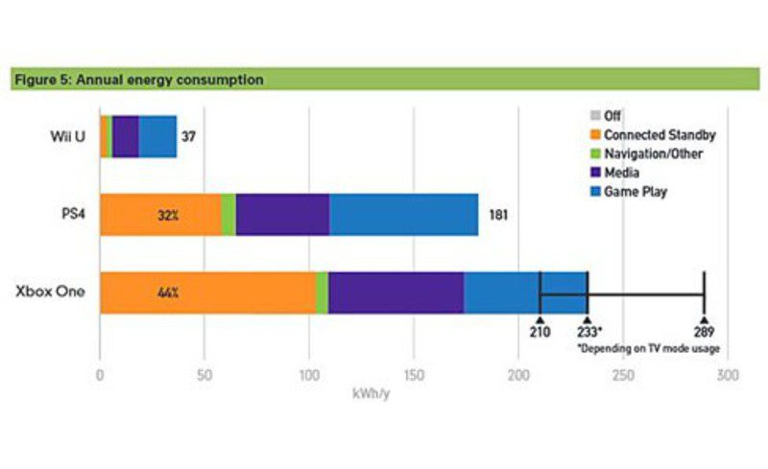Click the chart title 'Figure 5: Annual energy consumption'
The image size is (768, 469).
pos(139,80)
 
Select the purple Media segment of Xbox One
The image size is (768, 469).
pos(396,292)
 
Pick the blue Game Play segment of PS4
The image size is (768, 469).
pos(403,215)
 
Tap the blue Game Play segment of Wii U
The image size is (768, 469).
pos(157,136)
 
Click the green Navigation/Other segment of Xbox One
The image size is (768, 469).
pos(323,292)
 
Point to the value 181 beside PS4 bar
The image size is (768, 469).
pos(497,215)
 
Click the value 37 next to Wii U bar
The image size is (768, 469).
pos(189,136)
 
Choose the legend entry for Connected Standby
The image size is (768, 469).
pos(652,135)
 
